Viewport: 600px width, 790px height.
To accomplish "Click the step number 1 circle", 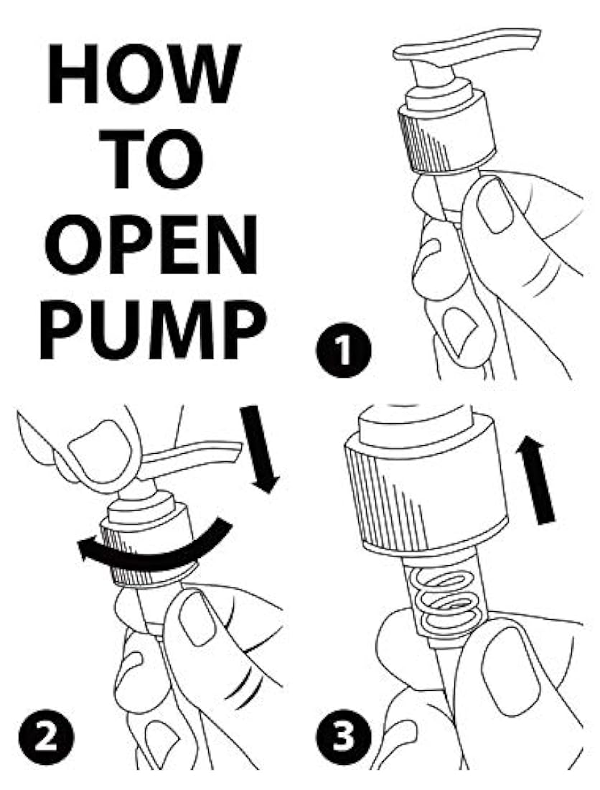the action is [x=344, y=350].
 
